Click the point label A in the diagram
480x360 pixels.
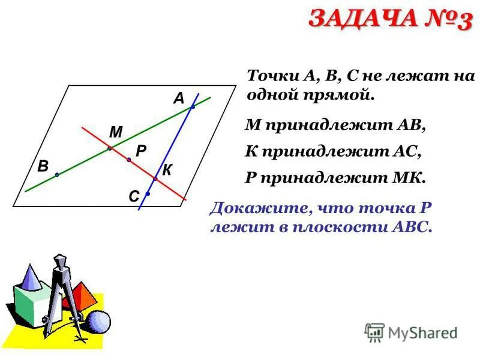178,99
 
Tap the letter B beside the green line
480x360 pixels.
43,167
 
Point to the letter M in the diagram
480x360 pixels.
115,132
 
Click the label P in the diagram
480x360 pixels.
141,152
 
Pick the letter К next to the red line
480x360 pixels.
167,170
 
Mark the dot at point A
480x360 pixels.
193,107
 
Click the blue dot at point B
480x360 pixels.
56,175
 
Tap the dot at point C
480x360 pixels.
147,194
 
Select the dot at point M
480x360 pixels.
109,148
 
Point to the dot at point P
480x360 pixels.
128,160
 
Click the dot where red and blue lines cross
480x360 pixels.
155,179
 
